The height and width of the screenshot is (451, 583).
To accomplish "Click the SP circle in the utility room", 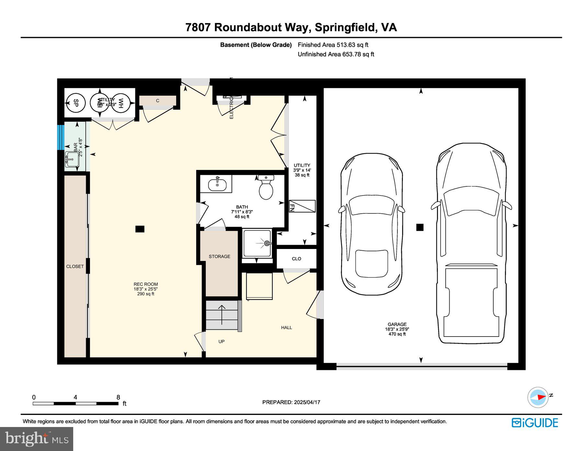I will pos(75,103).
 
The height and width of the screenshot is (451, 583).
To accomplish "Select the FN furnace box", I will pos(302,206).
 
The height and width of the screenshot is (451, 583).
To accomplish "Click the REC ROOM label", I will pos(146,284).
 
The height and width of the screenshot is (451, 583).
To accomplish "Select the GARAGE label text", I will pos(397,324).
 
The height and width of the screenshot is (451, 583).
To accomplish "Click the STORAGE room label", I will pos(219,256).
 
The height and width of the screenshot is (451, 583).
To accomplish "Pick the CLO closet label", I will pos(296,259).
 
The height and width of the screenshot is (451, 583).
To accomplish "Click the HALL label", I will pos(286,327).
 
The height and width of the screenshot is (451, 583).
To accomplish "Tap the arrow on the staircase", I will pos(222,315).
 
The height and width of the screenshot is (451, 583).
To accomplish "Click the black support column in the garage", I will pos(420,227).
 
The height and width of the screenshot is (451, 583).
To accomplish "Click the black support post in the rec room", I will pos(140,229).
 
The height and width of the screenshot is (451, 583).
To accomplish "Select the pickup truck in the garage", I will pos(471,243).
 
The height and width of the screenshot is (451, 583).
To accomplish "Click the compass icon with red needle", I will pos(538,397).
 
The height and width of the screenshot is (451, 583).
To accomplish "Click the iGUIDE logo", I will pos(535,423).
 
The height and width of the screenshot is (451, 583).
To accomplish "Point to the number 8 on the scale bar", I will pos(118,397).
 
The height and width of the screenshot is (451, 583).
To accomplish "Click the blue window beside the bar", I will pos(61,137).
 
